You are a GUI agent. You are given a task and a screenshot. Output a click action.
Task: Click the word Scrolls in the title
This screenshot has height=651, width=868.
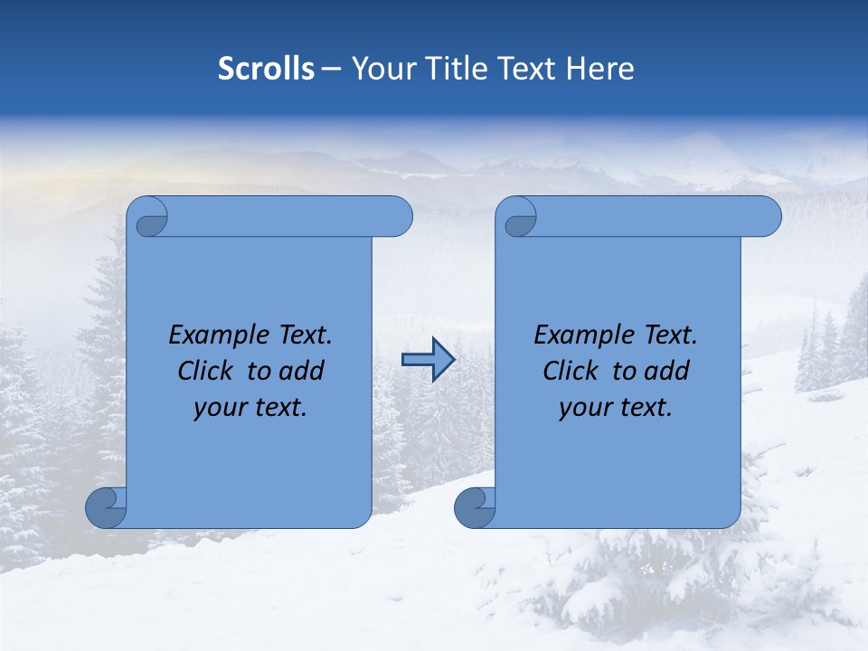point(267,69)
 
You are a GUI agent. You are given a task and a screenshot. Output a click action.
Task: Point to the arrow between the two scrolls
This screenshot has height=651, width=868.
point(428,360)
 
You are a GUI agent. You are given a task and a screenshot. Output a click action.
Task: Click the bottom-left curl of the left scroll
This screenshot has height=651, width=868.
point(106,507)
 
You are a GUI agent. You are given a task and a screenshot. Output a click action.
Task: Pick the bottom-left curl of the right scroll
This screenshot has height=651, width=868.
point(475,507)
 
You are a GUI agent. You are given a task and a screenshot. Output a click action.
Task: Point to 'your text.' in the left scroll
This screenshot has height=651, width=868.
point(250,408)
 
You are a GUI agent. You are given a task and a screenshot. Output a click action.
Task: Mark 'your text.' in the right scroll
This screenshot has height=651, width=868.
point(616,408)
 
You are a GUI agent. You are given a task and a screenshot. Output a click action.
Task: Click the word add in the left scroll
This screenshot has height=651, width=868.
point(302,371)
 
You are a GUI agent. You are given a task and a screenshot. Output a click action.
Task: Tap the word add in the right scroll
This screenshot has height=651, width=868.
point(667,371)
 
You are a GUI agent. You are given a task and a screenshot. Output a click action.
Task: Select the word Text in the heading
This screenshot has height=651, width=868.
point(528,69)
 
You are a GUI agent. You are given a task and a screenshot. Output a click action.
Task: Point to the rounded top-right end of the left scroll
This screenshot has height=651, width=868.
point(399,217)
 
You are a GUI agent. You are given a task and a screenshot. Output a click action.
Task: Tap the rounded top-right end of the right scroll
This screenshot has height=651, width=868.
point(768,217)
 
